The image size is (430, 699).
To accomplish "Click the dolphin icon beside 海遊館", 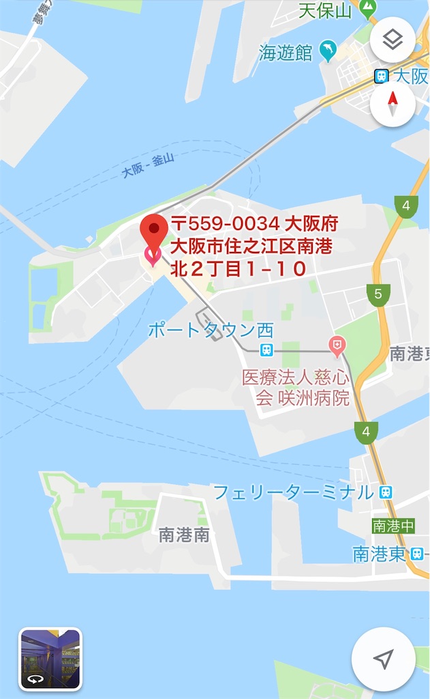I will (329, 51).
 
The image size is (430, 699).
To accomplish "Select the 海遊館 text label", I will (286, 53).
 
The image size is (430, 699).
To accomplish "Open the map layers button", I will (393, 40).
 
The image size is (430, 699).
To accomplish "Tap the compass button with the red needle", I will (393, 103).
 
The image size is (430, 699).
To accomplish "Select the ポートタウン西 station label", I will (211, 331).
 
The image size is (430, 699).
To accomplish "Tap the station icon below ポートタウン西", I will (266, 349).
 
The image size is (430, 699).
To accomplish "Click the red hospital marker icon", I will (337, 346).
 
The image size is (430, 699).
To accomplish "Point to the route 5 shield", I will (378, 294).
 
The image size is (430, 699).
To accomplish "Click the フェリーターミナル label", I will (294, 492).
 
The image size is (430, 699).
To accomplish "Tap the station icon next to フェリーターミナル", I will (386, 491).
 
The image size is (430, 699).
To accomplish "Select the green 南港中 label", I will (393, 526).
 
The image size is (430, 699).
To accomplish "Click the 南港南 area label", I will (184, 534).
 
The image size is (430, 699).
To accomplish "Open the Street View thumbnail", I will (50, 659).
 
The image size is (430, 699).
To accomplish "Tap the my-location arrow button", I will (383, 659).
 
